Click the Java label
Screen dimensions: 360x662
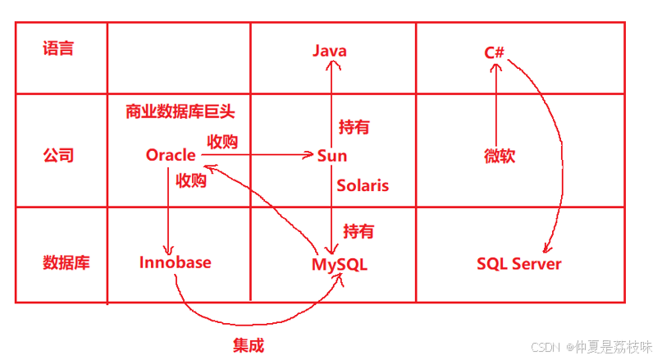330,51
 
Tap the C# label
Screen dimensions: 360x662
494,52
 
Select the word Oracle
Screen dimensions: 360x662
171,155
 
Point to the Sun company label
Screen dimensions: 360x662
331,156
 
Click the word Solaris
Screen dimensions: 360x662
363,185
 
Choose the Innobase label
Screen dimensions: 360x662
175,262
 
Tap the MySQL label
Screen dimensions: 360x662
340,265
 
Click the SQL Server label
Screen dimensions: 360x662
519,263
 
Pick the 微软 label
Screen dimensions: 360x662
500,156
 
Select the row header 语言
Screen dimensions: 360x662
58,48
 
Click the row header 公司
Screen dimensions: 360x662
58,155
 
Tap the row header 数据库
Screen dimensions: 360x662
66,263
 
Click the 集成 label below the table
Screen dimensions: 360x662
249,345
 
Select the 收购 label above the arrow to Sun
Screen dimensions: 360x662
222,141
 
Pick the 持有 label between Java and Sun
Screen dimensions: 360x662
354,127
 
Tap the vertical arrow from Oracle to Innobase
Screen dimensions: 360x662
168,213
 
